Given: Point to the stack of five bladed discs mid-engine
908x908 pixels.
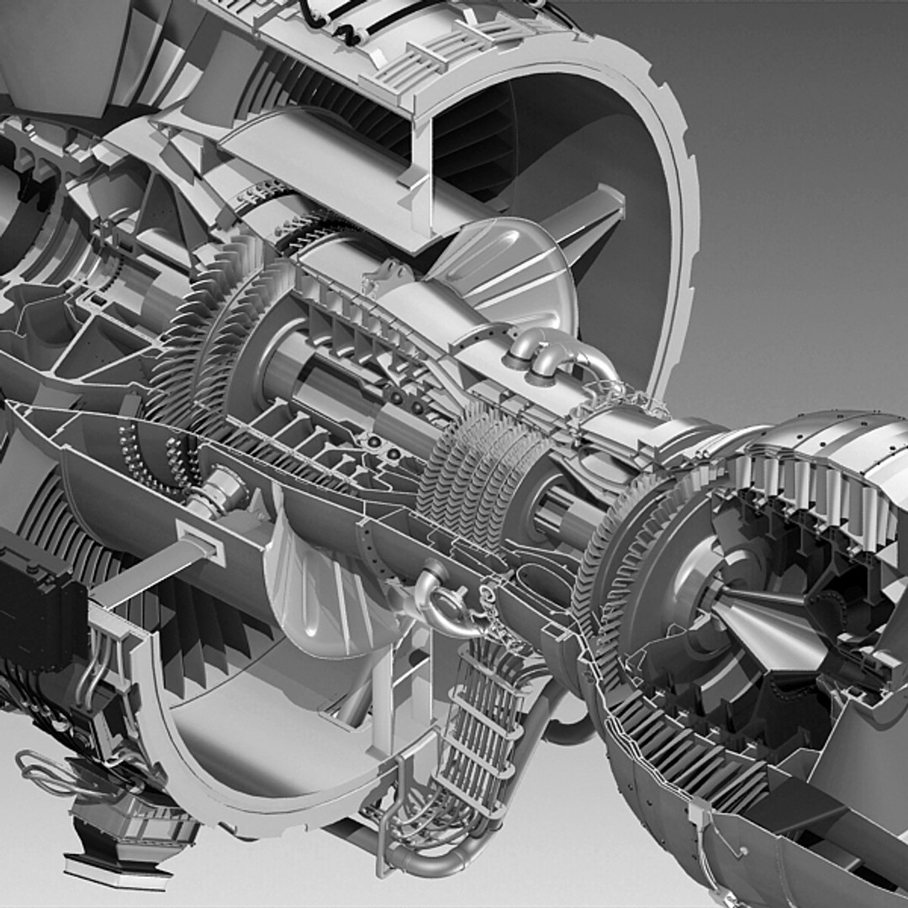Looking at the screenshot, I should pos(479,471).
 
